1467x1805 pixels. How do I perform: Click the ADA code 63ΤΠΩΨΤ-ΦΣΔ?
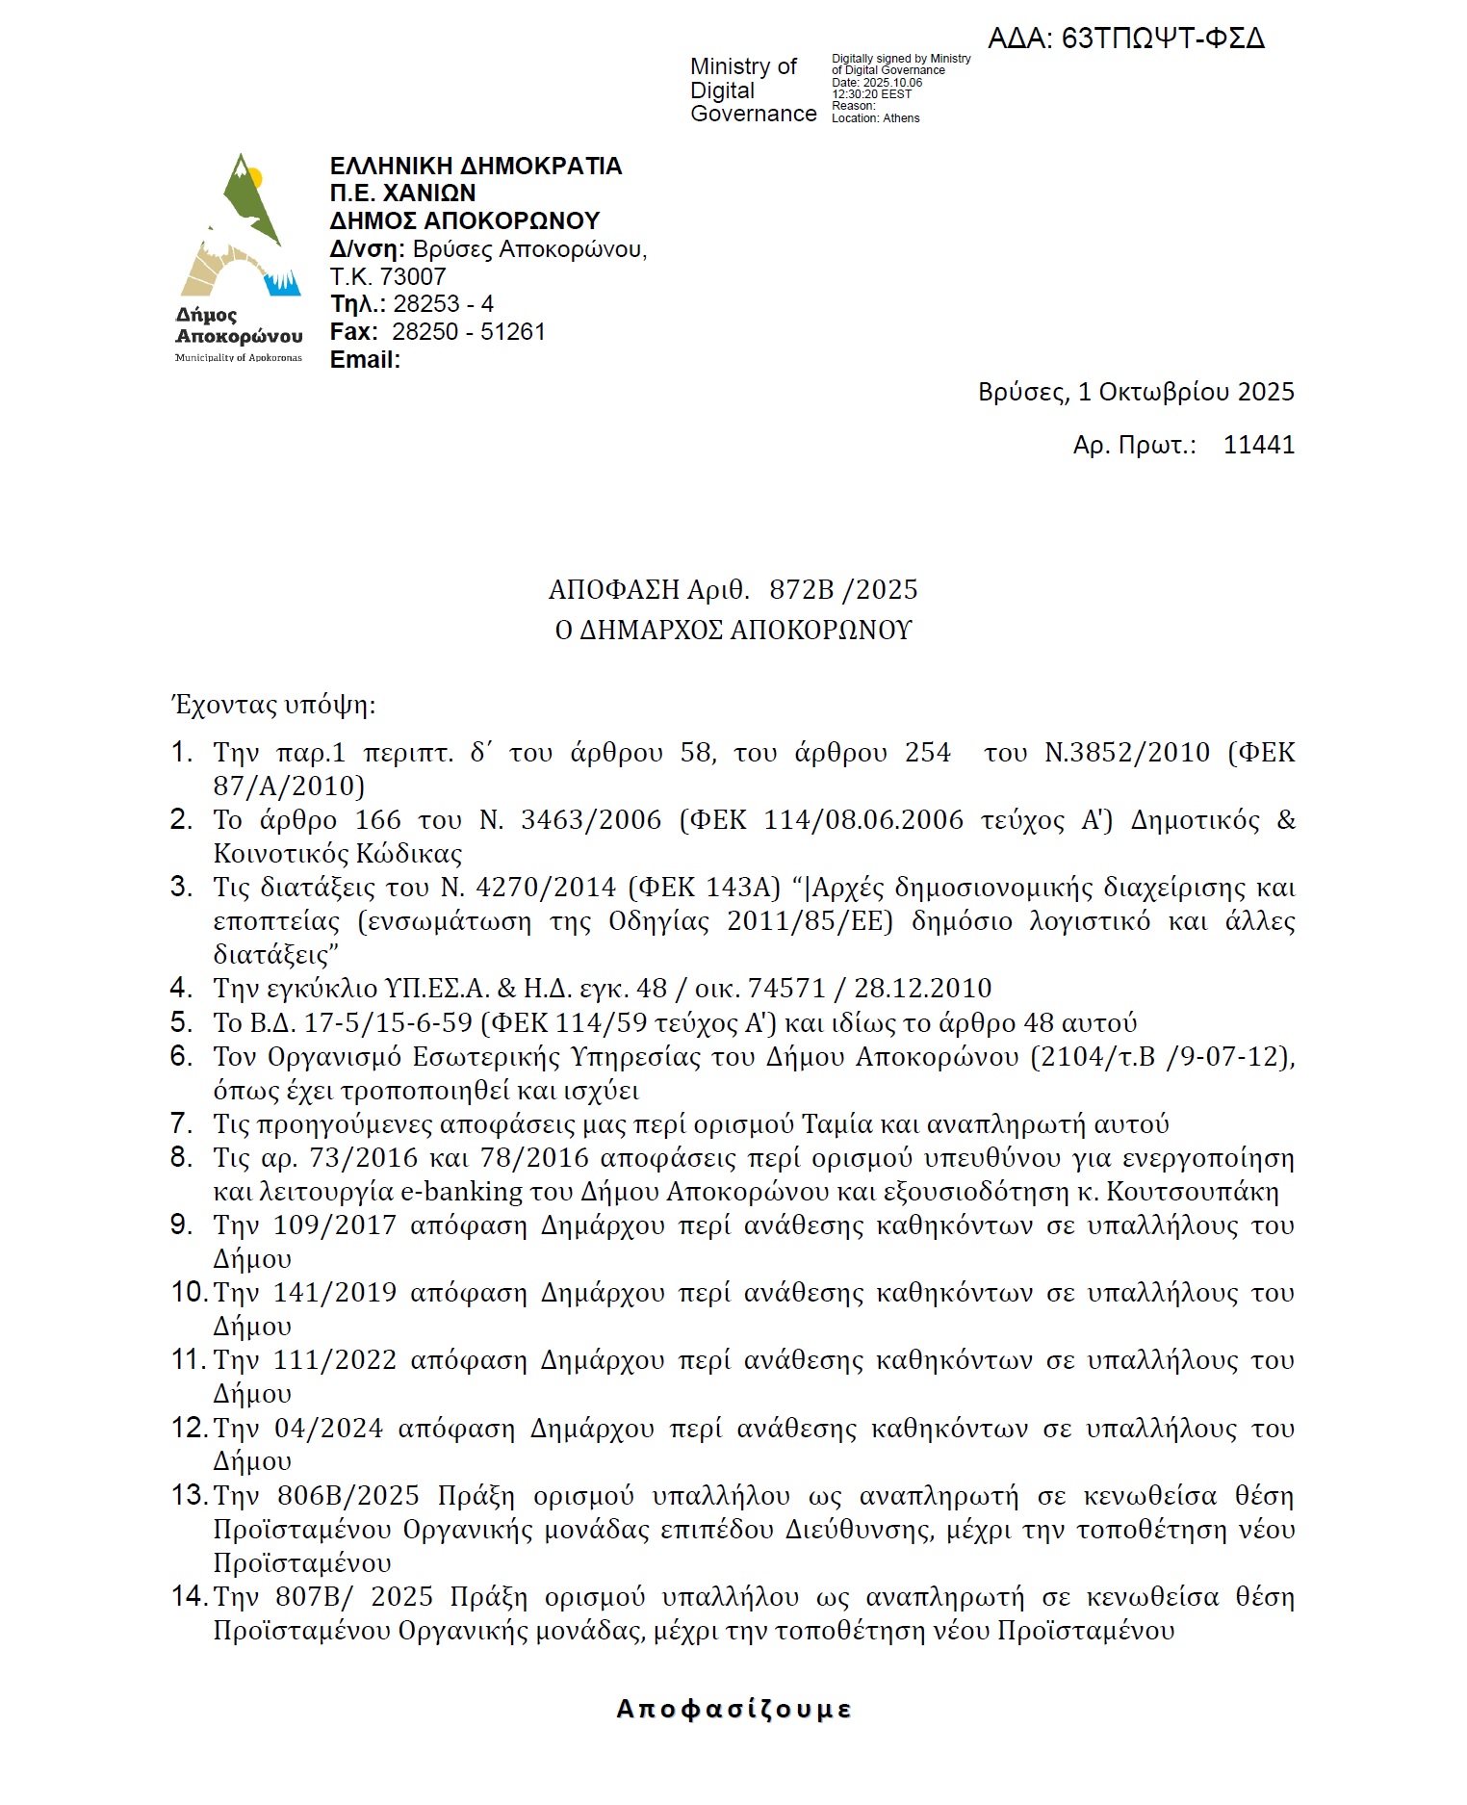[x=1126, y=39]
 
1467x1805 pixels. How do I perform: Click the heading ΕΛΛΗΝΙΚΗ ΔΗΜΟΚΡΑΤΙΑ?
[x=476, y=166]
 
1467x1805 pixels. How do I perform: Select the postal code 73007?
[x=413, y=277]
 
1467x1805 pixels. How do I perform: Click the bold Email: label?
[x=365, y=360]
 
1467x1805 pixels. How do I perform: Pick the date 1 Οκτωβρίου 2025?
[x=1186, y=392]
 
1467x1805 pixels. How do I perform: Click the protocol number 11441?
[x=1258, y=445]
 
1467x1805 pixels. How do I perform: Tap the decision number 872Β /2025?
[x=843, y=589]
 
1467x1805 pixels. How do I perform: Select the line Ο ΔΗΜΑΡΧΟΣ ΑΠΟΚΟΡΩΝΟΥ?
[x=733, y=631]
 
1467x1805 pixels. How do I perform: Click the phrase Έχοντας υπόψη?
[x=273, y=706]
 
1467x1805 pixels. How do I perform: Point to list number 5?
[x=181, y=1021]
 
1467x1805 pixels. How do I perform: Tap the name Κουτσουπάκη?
[x=1193, y=1192]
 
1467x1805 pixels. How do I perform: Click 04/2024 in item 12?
[x=329, y=1429]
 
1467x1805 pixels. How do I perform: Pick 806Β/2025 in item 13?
[x=348, y=1496]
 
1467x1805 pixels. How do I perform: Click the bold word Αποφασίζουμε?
[x=733, y=1709]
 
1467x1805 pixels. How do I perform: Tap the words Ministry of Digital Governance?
[x=753, y=90]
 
